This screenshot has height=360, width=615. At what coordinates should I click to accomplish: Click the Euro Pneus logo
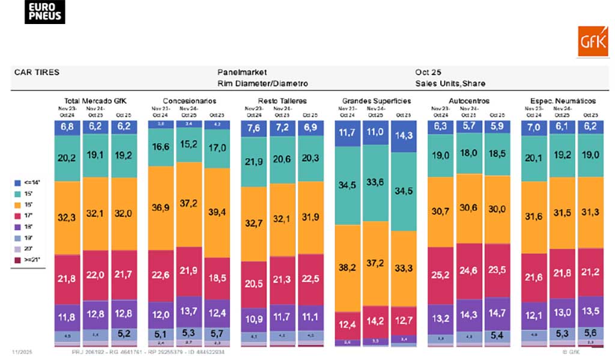click(44, 12)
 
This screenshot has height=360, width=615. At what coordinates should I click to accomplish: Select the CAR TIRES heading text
click(37, 72)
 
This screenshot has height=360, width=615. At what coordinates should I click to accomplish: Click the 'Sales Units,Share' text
click(450, 84)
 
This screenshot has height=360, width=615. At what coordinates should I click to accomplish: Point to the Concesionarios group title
click(189, 101)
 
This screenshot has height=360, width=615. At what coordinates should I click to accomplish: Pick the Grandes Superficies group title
click(376, 101)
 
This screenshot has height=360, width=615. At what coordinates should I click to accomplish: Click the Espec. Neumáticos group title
click(563, 101)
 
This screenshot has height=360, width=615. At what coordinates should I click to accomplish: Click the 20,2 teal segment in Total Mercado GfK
click(68, 158)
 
